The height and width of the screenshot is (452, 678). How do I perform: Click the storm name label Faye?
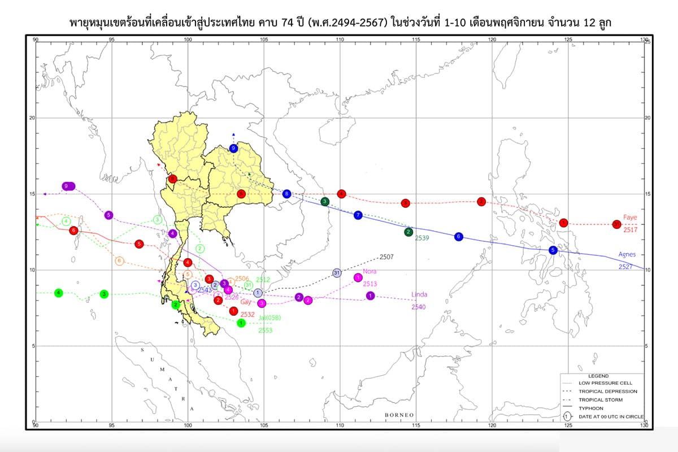pyautogui.click(x=630, y=217)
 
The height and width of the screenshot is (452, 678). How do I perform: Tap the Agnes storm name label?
pyautogui.click(x=627, y=254)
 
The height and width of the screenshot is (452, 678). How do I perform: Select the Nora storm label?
pyautogui.click(x=370, y=271)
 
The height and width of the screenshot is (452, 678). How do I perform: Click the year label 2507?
pyautogui.click(x=386, y=257)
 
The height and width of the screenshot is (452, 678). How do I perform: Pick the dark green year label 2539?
pyautogui.click(x=422, y=238)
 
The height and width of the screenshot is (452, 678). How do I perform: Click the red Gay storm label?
pyautogui.click(x=245, y=302)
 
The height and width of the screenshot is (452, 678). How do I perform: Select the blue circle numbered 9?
pyautogui.click(x=234, y=149)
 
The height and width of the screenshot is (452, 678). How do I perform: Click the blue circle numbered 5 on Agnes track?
pyautogui.click(x=553, y=250)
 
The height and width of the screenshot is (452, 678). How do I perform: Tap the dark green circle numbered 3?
pyautogui.click(x=325, y=202)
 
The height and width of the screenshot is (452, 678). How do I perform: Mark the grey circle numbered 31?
pyautogui.click(x=337, y=273)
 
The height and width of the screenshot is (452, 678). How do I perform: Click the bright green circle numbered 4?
pyautogui.click(x=59, y=293)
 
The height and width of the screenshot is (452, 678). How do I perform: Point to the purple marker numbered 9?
pyautogui.click(x=68, y=186)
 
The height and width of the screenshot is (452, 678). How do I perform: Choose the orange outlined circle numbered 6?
pyautogui.click(x=119, y=261)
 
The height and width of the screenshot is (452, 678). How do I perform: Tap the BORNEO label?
pyautogui.click(x=399, y=415)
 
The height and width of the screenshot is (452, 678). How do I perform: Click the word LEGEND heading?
pyautogui.click(x=598, y=376)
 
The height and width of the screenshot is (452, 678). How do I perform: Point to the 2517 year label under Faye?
pyautogui.click(x=630, y=230)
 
